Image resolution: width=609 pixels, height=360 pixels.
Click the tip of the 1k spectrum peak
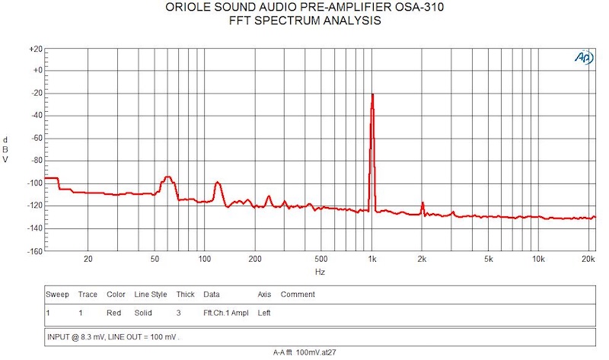372,95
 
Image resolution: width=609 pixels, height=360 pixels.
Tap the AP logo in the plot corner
583,59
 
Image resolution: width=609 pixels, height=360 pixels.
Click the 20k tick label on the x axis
587,260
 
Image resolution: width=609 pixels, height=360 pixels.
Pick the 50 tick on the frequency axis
155,260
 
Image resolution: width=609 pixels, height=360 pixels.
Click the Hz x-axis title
320,272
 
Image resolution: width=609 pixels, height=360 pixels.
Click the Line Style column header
150,295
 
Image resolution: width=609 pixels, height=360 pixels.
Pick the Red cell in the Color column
113,313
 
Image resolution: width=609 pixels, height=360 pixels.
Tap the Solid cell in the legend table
142,313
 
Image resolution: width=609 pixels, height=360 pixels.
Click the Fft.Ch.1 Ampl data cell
225,313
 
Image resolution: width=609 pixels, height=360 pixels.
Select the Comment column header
298,295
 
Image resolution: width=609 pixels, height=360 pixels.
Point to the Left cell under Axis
264,313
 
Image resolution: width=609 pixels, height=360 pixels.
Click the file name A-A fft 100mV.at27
304,353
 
